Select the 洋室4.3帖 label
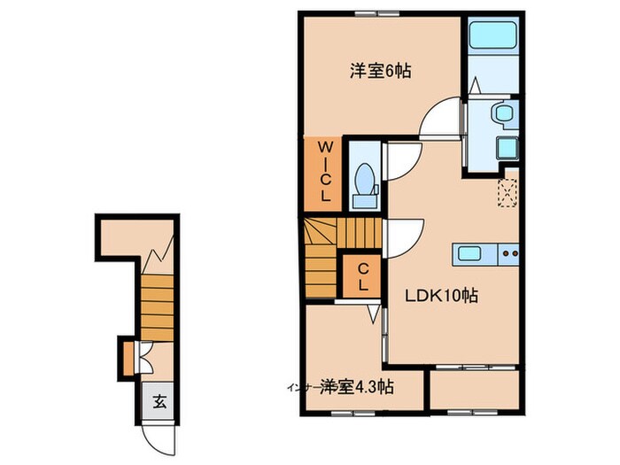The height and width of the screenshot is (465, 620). click(x=357, y=387)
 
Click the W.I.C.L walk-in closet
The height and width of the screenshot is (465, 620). click(x=325, y=171)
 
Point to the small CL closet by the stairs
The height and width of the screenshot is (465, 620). click(x=362, y=276)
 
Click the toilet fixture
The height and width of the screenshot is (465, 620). click(x=364, y=184)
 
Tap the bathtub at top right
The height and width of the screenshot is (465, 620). click(x=492, y=37)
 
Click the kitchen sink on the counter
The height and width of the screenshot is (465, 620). click(x=469, y=253)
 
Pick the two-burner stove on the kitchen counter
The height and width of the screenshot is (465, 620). click(x=509, y=253)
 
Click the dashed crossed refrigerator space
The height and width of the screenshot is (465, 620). click(x=508, y=191)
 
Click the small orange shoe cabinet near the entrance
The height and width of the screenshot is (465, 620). click(x=128, y=356)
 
